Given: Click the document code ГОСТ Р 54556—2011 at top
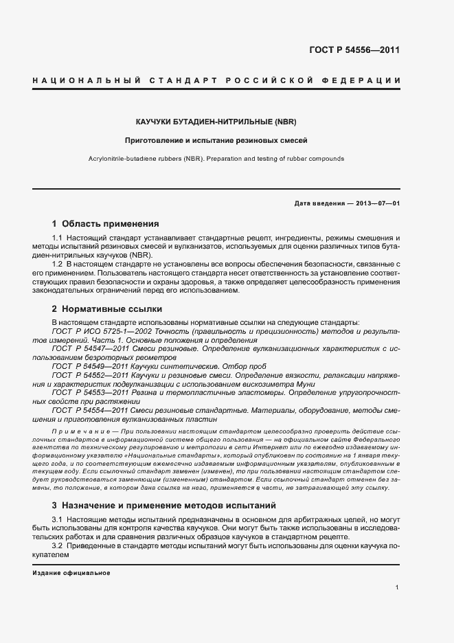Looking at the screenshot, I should pos(355,49).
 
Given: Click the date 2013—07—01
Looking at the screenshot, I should pos(377,203).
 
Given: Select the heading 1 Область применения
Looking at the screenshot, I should pos(106,223).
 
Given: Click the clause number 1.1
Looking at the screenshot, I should pos(57,237).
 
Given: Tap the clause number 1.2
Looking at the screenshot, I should pos(57,264).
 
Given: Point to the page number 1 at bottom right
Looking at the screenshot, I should pos(398,587).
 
